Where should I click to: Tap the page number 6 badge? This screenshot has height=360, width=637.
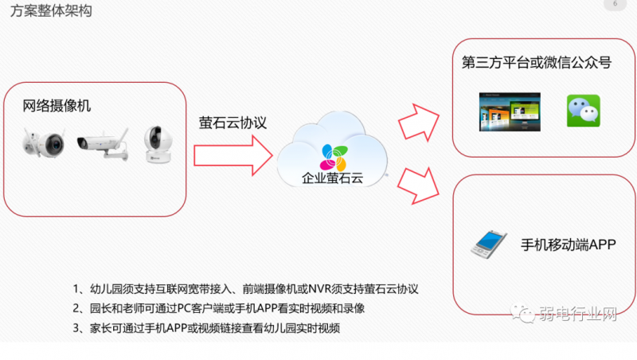614,5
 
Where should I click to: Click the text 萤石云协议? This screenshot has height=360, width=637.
233,123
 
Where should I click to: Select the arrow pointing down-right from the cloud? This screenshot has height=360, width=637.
417,185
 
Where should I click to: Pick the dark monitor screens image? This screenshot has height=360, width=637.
503,112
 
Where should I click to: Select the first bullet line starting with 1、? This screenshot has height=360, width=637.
245,288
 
